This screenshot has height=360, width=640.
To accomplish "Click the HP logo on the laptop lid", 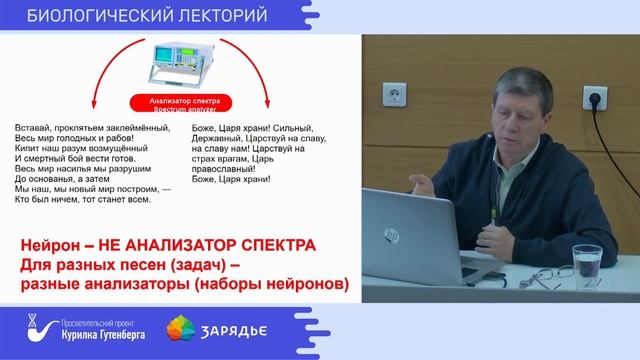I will [x=391, y=236].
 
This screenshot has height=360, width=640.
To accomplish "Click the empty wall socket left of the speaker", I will [x=394, y=98].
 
